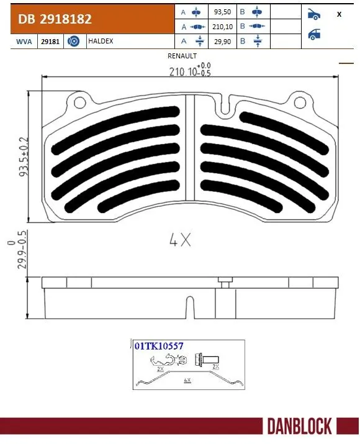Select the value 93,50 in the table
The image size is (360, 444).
(x=220, y=12)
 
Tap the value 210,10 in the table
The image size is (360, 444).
(x=220, y=27)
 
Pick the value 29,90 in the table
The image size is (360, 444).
(x=220, y=41)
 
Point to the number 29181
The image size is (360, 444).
(x=50, y=42)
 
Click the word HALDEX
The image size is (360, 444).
(x=100, y=42)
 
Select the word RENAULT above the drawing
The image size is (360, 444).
(x=182, y=55)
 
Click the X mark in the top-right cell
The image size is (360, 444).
(x=338, y=14)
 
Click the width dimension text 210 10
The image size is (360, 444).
(x=186, y=71)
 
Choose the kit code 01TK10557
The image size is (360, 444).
(x=158, y=347)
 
